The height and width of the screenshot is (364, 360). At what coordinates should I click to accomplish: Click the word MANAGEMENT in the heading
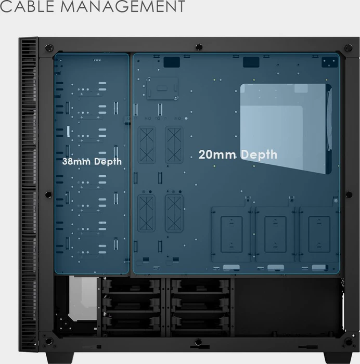[x=123, y=6]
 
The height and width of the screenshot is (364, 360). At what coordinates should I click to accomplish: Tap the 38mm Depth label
[x=92, y=162]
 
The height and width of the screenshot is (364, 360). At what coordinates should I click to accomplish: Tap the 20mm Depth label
[x=238, y=154]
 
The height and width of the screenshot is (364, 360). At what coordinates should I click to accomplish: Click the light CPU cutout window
[x=286, y=128]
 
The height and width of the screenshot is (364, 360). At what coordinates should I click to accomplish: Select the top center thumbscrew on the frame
[x=199, y=47]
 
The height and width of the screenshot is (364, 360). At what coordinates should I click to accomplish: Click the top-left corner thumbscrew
[x=49, y=48]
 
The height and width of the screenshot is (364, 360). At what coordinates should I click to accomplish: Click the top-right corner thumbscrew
[x=348, y=48]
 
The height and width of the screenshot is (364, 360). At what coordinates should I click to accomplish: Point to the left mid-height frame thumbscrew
[x=48, y=194]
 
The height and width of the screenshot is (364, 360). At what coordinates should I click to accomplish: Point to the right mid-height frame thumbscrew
[x=349, y=194]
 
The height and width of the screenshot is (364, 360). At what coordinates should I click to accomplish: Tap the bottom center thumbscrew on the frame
[x=198, y=342]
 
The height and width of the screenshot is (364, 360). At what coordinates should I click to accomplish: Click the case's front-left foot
[x=60, y=358]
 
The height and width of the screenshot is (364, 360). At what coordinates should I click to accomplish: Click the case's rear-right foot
[x=338, y=358]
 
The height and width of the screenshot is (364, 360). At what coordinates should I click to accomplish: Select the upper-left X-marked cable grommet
[x=147, y=145]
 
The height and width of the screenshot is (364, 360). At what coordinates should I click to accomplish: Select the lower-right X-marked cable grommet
[x=174, y=213]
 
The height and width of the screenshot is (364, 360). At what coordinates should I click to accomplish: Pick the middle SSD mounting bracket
[x=275, y=235]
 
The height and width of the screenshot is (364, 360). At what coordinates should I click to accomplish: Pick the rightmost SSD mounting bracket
[x=319, y=235]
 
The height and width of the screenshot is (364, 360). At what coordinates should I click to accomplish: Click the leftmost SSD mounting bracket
[x=231, y=235]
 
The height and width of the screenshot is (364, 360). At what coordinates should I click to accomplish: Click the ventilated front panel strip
[x=28, y=194]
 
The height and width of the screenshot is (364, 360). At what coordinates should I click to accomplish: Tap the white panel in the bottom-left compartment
[x=83, y=298]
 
